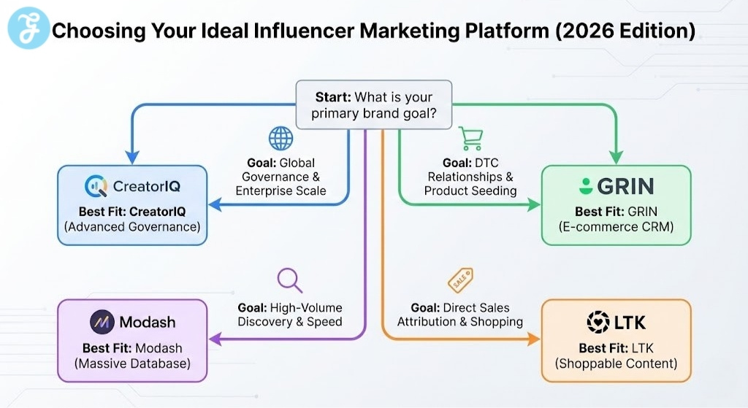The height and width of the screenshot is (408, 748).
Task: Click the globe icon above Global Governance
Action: pos(280,139)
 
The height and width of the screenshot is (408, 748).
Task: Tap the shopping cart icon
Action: pos(470,139)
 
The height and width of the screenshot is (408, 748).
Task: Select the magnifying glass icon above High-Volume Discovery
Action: pos(289,280)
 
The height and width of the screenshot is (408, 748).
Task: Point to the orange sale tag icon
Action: pos(461,279)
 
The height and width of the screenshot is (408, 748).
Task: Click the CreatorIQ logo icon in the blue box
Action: pos(96,187)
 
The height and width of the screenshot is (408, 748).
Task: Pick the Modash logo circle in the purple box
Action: pos(101,322)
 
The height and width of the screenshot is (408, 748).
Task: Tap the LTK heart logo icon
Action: pos(598,322)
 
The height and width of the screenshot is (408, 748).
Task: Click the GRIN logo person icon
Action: pos(585,186)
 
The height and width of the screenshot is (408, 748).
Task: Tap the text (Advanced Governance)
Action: pos(132,227)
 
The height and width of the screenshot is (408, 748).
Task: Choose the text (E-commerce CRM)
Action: pos(616,227)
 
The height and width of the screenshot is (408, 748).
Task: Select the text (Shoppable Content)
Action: pos(617,363)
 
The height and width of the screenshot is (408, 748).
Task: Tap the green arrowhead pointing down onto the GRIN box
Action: pos(615,156)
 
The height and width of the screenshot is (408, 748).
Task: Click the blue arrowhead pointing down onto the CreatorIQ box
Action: pos(132,156)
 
